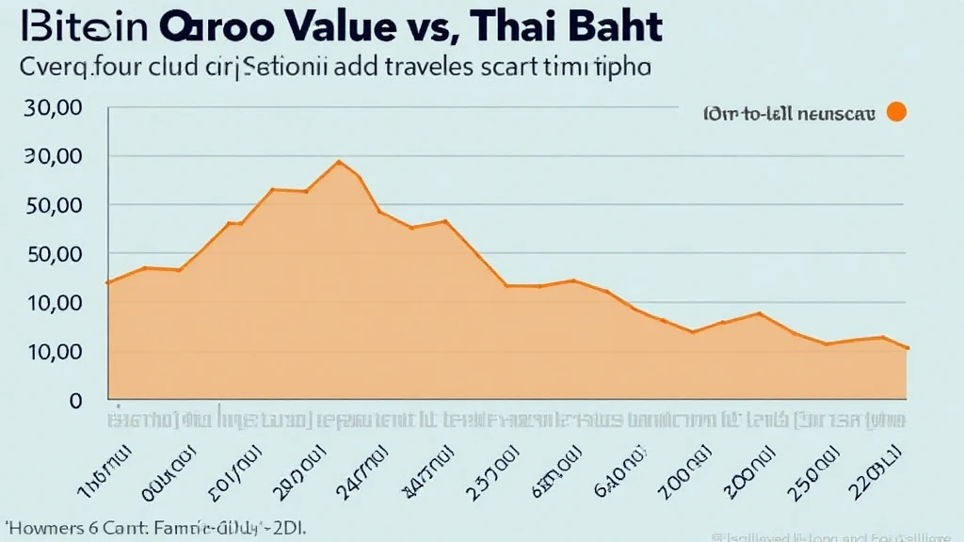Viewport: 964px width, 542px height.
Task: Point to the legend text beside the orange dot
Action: point(789,114)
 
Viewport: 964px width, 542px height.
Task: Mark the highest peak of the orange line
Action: point(339,162)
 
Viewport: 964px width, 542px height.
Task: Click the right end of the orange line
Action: point(907,348)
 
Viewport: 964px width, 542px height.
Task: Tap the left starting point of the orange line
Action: point(109,282)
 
